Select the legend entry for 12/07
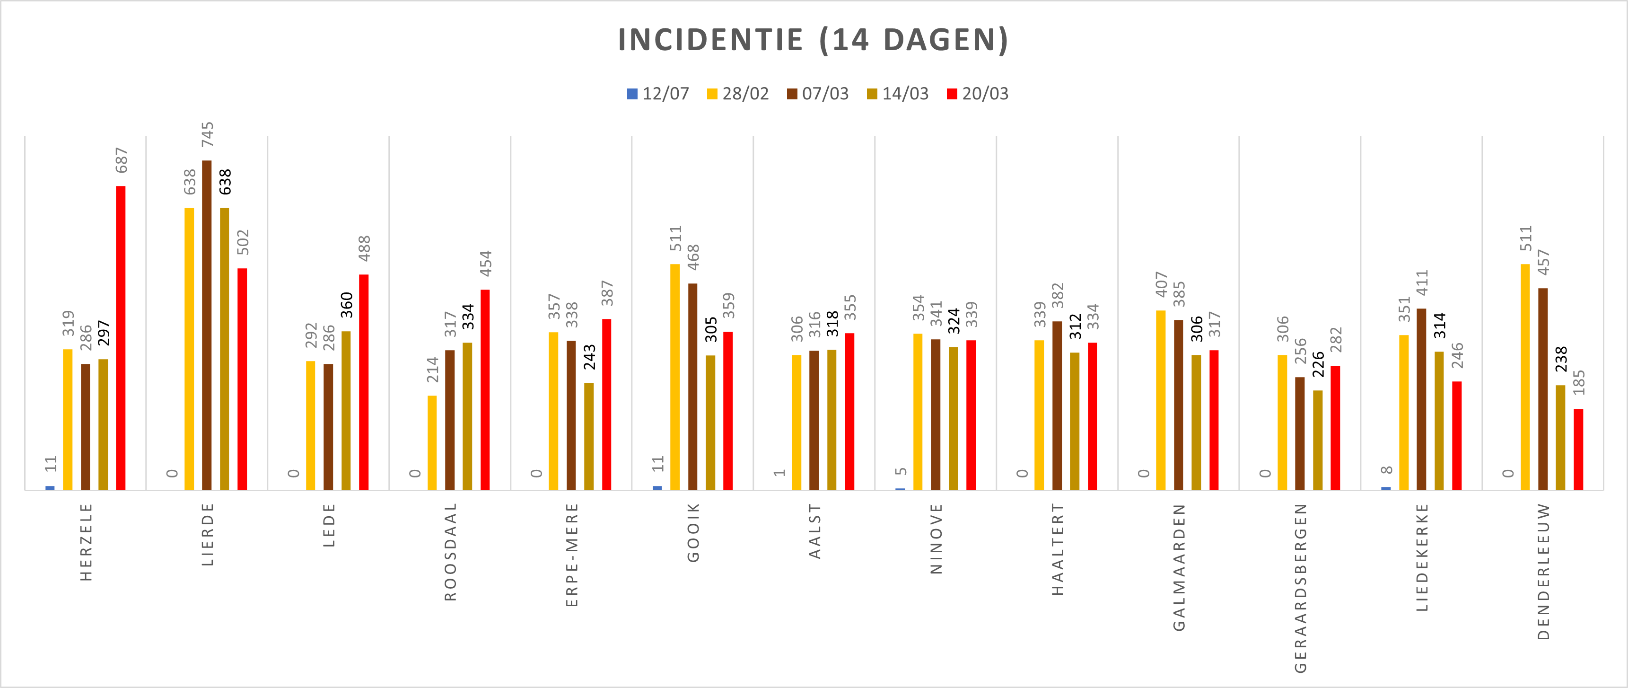click(657, 94)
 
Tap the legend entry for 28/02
click(737, 94)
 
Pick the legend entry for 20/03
click(977, 94)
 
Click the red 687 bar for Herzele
click(121, 338)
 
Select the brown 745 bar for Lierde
click(207, 325)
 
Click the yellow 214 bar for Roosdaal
click(432, 442)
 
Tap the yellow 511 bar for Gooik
click(675, 377)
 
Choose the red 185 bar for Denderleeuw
click(1578, 449)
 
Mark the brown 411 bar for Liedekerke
click(1421, 399)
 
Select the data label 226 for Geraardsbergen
click(1318, 365)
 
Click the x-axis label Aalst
click(815, 531)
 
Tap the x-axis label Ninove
click(937, 539)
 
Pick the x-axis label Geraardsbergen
click(1301, 588)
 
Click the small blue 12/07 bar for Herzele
click(50, 487)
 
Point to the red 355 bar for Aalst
click(849, 411)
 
